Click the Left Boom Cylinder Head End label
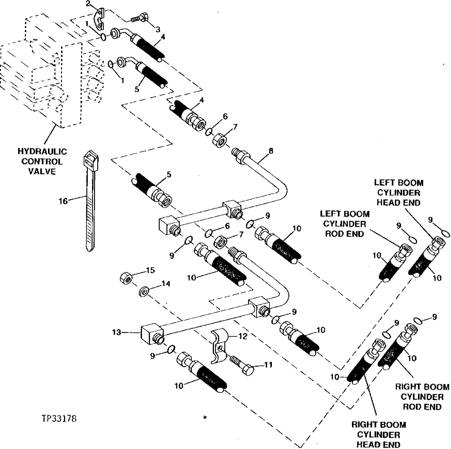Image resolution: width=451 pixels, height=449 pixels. [x=399, y=192]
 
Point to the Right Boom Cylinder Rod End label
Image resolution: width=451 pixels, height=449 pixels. [x=422, y=396]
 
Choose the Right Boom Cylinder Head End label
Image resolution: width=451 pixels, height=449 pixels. [x=379, y=434]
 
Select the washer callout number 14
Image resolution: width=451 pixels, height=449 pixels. [x=166, y=284]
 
